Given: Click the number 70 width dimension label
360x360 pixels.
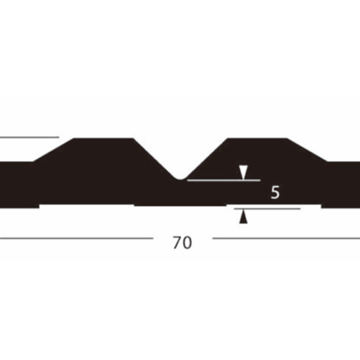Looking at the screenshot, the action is [x=182, y=243].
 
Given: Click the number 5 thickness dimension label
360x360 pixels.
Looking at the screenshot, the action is [x=275, y=192].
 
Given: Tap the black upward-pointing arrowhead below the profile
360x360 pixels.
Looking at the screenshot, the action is [x=243, y=216].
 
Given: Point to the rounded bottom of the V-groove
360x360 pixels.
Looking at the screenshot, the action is [x=180, y=178].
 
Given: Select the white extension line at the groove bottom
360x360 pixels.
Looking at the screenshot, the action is [x=224, y=180].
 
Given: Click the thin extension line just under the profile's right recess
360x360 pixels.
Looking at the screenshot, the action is [x=267, y=209].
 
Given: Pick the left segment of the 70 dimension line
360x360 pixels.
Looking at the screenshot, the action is [x=76, y=238].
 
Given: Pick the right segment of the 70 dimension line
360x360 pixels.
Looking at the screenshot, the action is [x=286, y=238].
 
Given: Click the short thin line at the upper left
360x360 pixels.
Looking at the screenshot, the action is [x=29, y=137].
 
